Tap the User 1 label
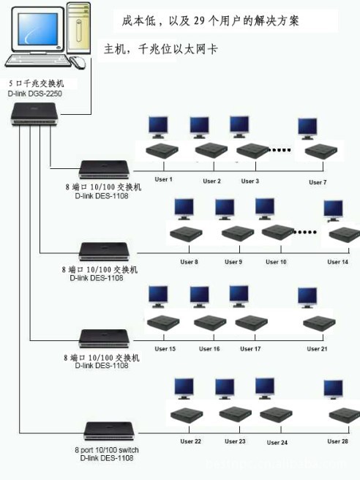[163, 179]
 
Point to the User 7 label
[318, 182]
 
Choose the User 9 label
[233, 261]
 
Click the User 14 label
[338, 261]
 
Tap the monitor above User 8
[183, 209]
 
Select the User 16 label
[209, 349]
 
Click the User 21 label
[318, 349]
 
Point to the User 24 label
[277, 442]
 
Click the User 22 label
[191, 441]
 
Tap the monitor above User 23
[225, 389]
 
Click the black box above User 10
[277, 233]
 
